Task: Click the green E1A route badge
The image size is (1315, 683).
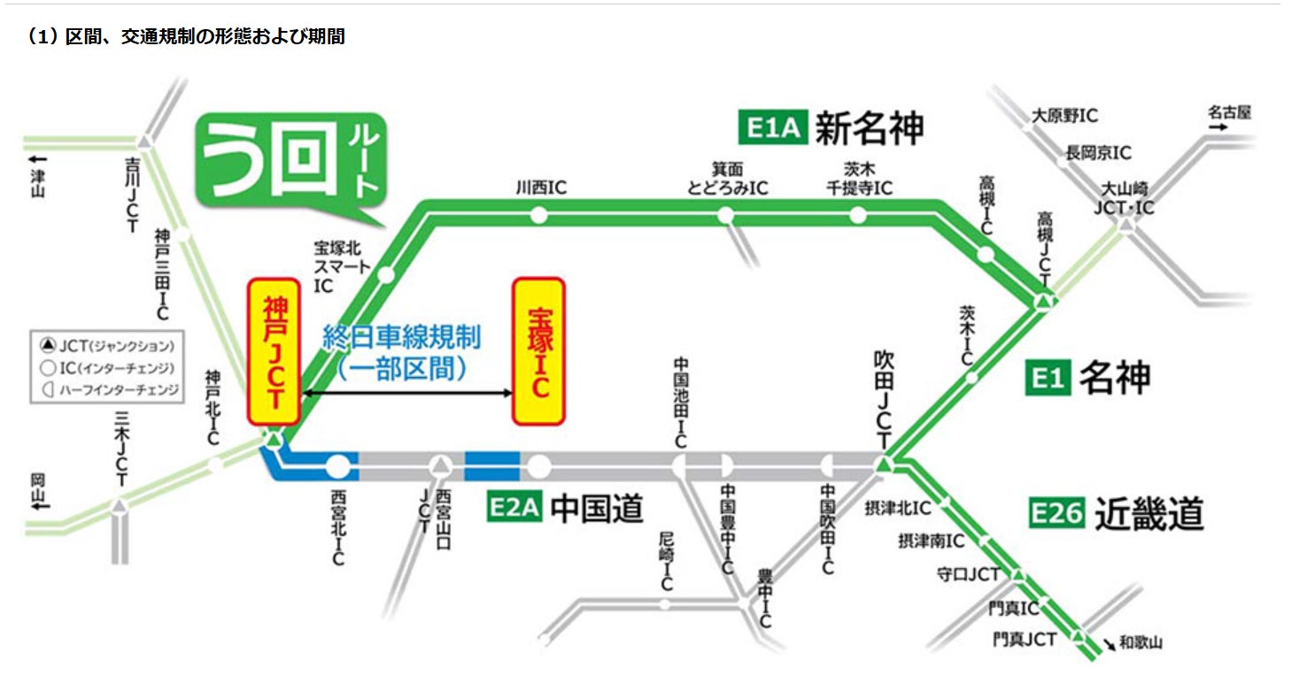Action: (770, 128)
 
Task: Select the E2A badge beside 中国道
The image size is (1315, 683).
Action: (514, 510)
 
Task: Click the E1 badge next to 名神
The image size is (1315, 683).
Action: (1048, 379)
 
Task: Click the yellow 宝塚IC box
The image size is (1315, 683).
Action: (538, 351)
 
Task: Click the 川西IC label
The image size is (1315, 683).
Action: (541, 188)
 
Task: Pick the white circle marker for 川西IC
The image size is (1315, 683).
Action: (538, 215)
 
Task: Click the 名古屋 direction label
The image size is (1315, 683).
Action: (1230, 112)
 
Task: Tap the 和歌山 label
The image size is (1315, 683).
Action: (1140, 644)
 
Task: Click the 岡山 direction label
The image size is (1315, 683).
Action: (37, 491)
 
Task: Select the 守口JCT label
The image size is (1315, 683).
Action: (968, 575)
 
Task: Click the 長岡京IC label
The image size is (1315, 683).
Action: (1097, 153)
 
